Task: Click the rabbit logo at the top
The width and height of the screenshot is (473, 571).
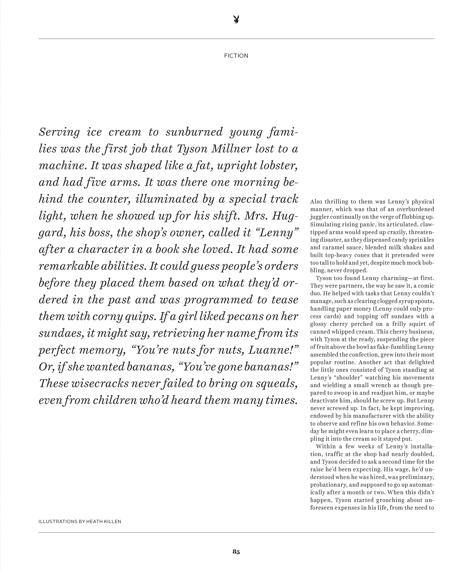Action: point(236,20)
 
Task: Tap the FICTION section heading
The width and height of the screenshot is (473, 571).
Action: point(236,56)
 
